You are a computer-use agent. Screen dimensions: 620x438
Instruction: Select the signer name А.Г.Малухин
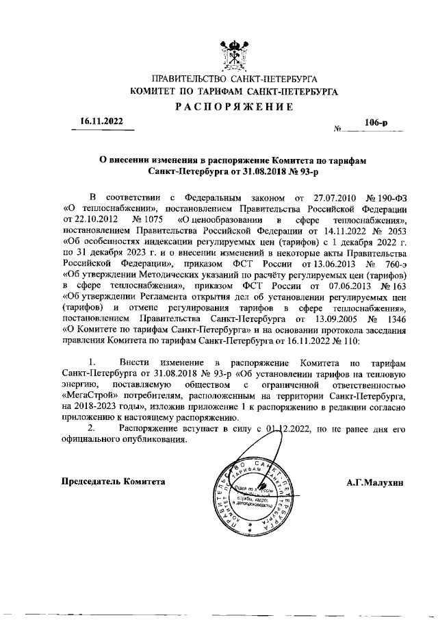[375, 482]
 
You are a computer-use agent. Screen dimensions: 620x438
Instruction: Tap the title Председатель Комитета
[114, 482]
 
